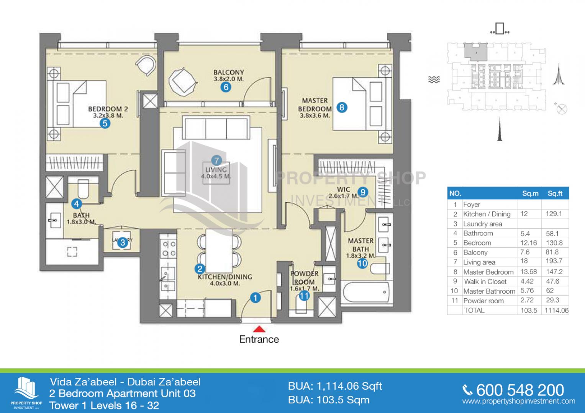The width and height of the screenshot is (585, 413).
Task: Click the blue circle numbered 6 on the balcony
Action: pyautogui.click(x=226, y=87)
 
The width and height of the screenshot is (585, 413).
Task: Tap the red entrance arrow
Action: pyautogui.click(x=259, y=329)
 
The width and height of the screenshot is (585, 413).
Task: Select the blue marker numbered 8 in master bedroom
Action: pyautogui.click(x=341, y=107)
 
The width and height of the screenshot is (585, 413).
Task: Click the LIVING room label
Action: pyautogui.click(x=216, y=169)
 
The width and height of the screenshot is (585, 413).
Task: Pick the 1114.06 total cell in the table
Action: pyautogui.click(x=556, y=311)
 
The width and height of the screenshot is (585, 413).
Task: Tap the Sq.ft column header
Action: pyautogui.click(x=555, y=193)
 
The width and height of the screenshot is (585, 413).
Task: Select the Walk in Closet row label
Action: pyautogui.click(x=485, y=281)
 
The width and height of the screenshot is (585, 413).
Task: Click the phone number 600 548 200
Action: pyautogui.click(x=520, y=390)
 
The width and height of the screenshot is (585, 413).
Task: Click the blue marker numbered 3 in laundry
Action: pyautogui.click(x=122, y=242)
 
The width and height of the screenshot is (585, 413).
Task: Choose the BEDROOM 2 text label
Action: pyautogui.click(x=108, y=109)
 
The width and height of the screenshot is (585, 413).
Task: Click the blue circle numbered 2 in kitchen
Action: pyautogui.click(x=200, y=269)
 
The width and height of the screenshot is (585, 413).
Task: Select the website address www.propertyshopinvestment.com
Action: pyautogui.click(x=518, y=402)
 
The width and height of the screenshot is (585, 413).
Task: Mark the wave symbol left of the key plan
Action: pyautogui.click(x=434, y=80)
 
